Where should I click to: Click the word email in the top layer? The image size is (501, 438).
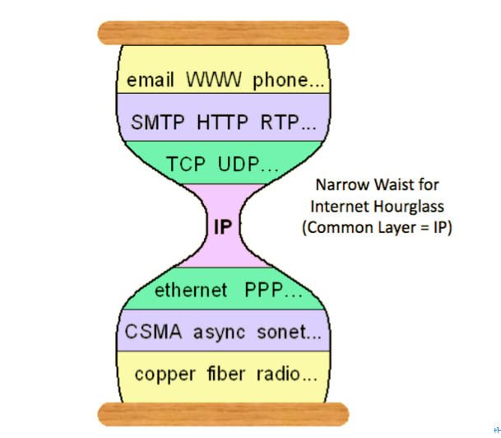click(x=150, y=82)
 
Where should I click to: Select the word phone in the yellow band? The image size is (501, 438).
click(x=277, y=82)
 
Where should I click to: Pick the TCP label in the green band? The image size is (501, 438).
click(x=188, y=163)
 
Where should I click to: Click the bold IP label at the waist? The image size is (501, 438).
click(x=222, y=226)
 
